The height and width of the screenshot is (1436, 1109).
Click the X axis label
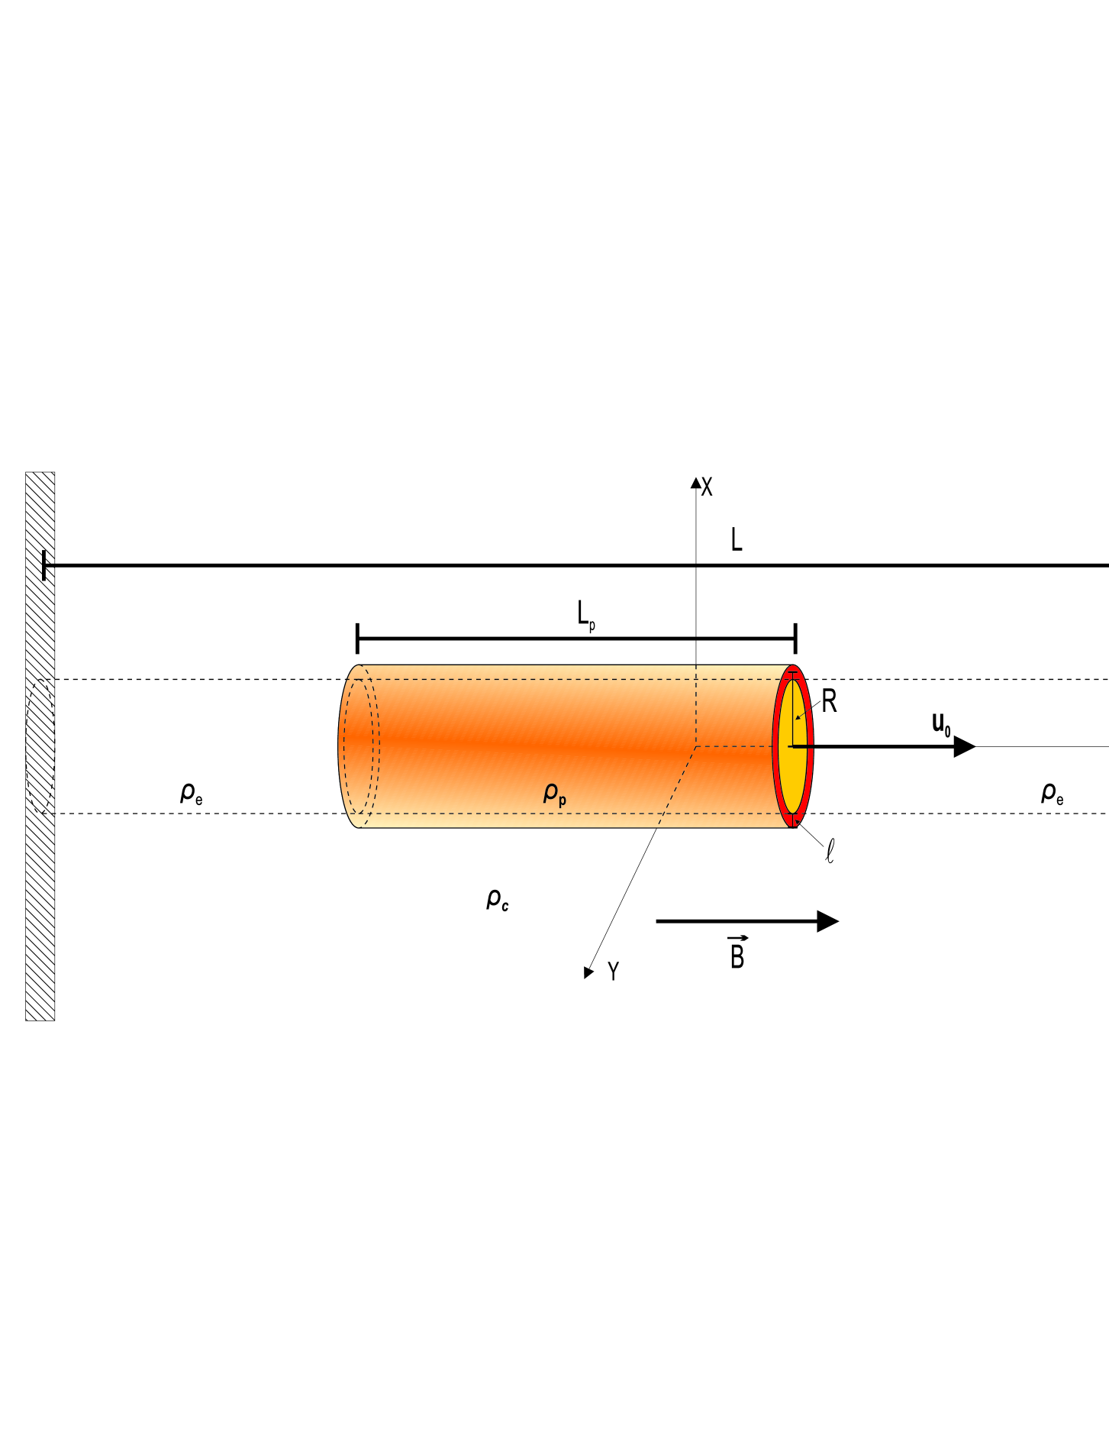point(707,487)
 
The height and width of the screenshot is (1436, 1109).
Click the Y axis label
point(613,971)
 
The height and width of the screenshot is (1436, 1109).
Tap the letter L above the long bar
point(737,540)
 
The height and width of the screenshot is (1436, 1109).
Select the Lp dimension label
point(585,615)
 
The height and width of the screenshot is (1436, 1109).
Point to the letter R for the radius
point(829,701)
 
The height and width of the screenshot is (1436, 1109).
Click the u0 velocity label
point(941,723)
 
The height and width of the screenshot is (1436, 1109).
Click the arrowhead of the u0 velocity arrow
point(965,746)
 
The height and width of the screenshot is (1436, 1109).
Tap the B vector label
point(737,954)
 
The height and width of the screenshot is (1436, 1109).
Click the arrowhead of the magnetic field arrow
point(827,921)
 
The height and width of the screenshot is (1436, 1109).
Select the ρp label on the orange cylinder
point(555,794)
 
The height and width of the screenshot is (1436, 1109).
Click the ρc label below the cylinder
point(498,900)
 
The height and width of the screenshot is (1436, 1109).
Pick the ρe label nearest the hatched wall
point(191,794)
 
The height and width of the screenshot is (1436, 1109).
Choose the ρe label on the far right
point(1052,794)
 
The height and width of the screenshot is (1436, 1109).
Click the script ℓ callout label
point(830,851)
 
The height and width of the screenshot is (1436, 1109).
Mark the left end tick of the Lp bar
point(357,638)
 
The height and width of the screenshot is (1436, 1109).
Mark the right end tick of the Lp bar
point(796,638)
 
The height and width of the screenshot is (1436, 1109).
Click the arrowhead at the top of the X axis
point(695,482)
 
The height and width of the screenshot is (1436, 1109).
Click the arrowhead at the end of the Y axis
point(588,972)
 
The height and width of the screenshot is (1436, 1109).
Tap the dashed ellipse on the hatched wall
point(40,746)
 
